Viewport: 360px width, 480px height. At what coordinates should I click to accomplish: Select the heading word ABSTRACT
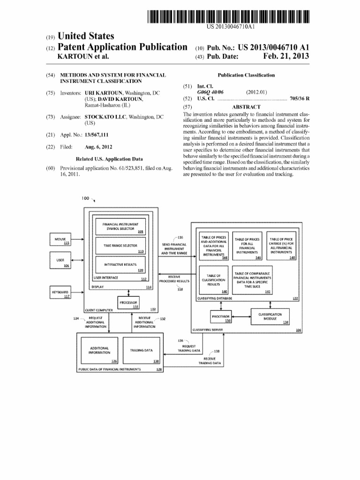246,107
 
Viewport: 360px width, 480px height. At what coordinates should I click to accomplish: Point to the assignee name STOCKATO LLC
105,116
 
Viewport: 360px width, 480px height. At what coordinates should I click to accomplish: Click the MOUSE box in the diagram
60,240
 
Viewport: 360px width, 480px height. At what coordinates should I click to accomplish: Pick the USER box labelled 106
60,262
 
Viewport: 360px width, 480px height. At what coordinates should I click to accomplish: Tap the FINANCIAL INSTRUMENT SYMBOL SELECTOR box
120,226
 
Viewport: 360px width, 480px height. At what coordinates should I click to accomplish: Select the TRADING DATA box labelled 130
142,350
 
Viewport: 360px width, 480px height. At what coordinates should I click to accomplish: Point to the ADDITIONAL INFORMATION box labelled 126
99,350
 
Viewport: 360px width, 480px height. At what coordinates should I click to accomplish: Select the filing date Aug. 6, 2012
100,147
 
